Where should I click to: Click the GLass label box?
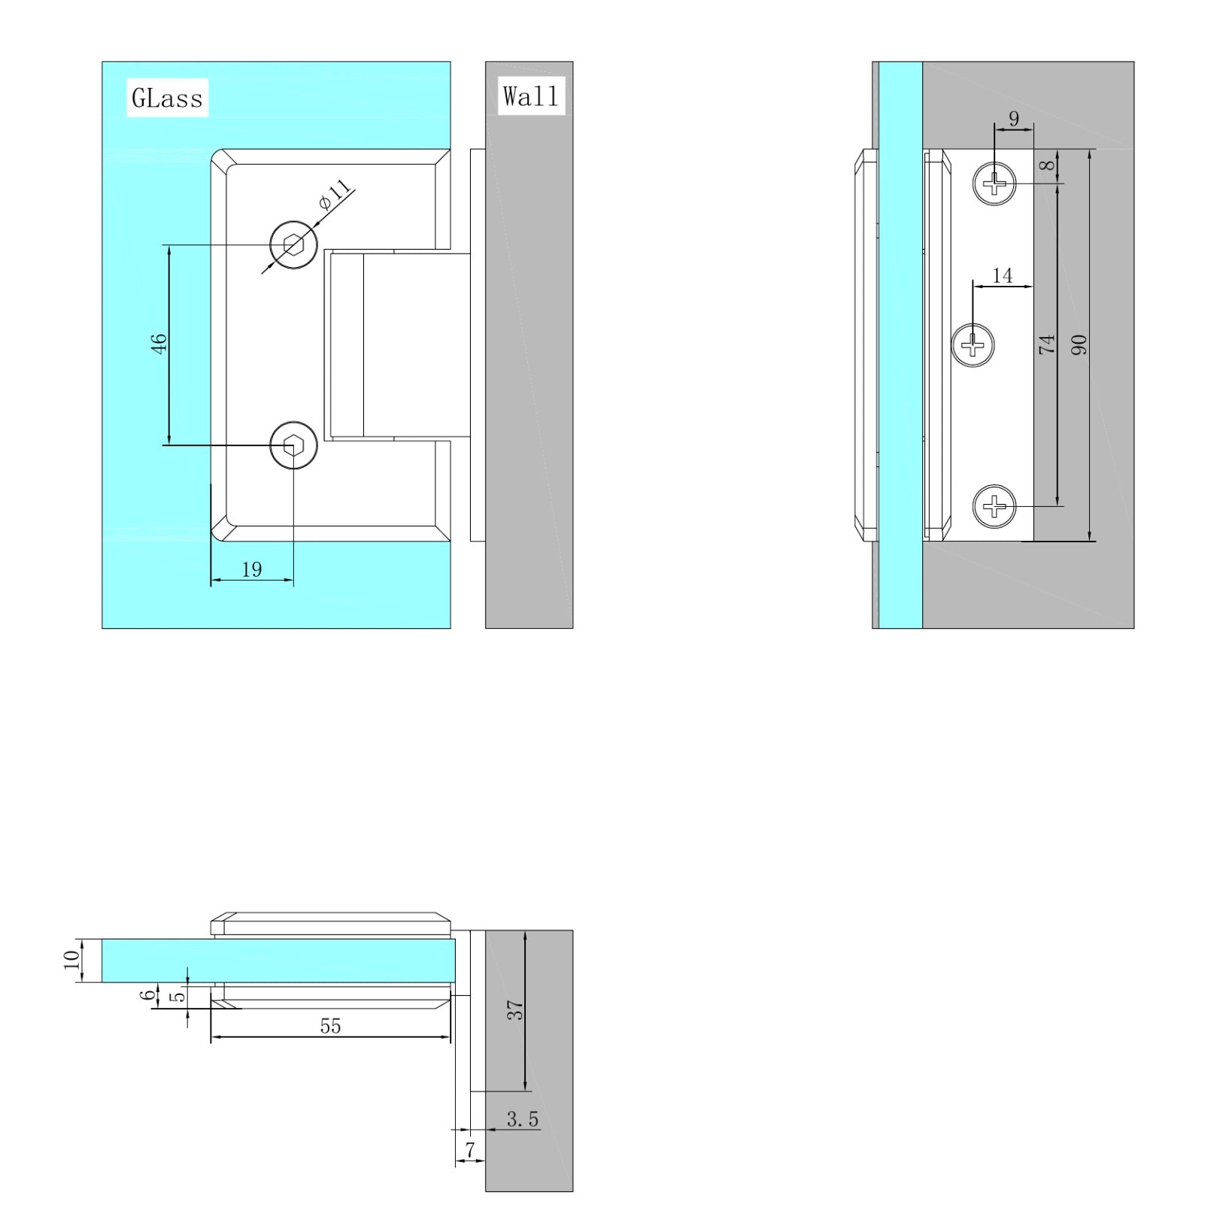pyautogui.click(x=167, y=98)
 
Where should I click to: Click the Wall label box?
pyautogui.click(x=531, y=96)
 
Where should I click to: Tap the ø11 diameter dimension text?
pyautogui.click(x=335, y=195)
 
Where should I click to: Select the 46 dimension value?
pyautogui.click(x=159, y=344)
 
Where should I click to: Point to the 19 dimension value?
pyautogui.click(x=252, y=569)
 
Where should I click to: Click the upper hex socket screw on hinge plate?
pyautogui.click(x=293, y=244)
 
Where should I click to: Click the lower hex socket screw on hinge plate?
pyautogui.click(x=293, y=445)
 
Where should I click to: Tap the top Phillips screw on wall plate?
pyautogui.click(x=994, y=183)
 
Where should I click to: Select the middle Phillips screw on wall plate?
pyautogui.click(x=973, y=345)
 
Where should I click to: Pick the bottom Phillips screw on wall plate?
pyautogui.click(x=994, y=506)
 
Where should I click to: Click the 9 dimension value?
pyautogui.click(x=1014, y=118)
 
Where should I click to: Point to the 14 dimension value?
pyautogui.click(x=1003, y=276)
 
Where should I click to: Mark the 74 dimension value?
pyautogui.click(x=1047, y=345)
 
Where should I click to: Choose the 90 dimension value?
pyautogui.click(x=1079, y=345)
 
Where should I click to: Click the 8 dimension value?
pyautogui.click(x=1049, y=165)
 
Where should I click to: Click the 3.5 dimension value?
pyautogui.click(x=522, y=1119)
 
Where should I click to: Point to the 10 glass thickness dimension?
pyautogui.click(x=71, y=960)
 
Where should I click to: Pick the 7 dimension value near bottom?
pyautogui.click(x=470, y=1150)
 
